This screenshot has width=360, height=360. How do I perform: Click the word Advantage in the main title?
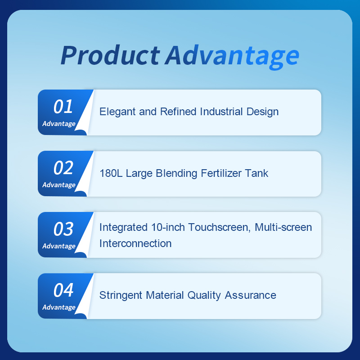(x=232, y=55)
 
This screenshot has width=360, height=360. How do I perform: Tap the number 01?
(x=63, y=107)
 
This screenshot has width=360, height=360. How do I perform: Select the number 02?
(x=63, y=168)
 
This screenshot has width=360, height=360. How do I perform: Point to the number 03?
(x=63, y=229)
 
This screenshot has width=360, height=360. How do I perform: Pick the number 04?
(x=63, y=290)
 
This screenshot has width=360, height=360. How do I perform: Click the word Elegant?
(x=117, y=112)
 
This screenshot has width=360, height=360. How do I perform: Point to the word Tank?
(x=257, y=173)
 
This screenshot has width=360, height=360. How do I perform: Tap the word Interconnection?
(x=135, y=243)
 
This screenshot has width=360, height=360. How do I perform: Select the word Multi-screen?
(x=283, y=227)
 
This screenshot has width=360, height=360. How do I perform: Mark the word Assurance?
(x=250, y=296)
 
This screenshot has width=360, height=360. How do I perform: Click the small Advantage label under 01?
(x=59, y=124)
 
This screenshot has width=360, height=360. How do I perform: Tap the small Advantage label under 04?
(x=59, y=307)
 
